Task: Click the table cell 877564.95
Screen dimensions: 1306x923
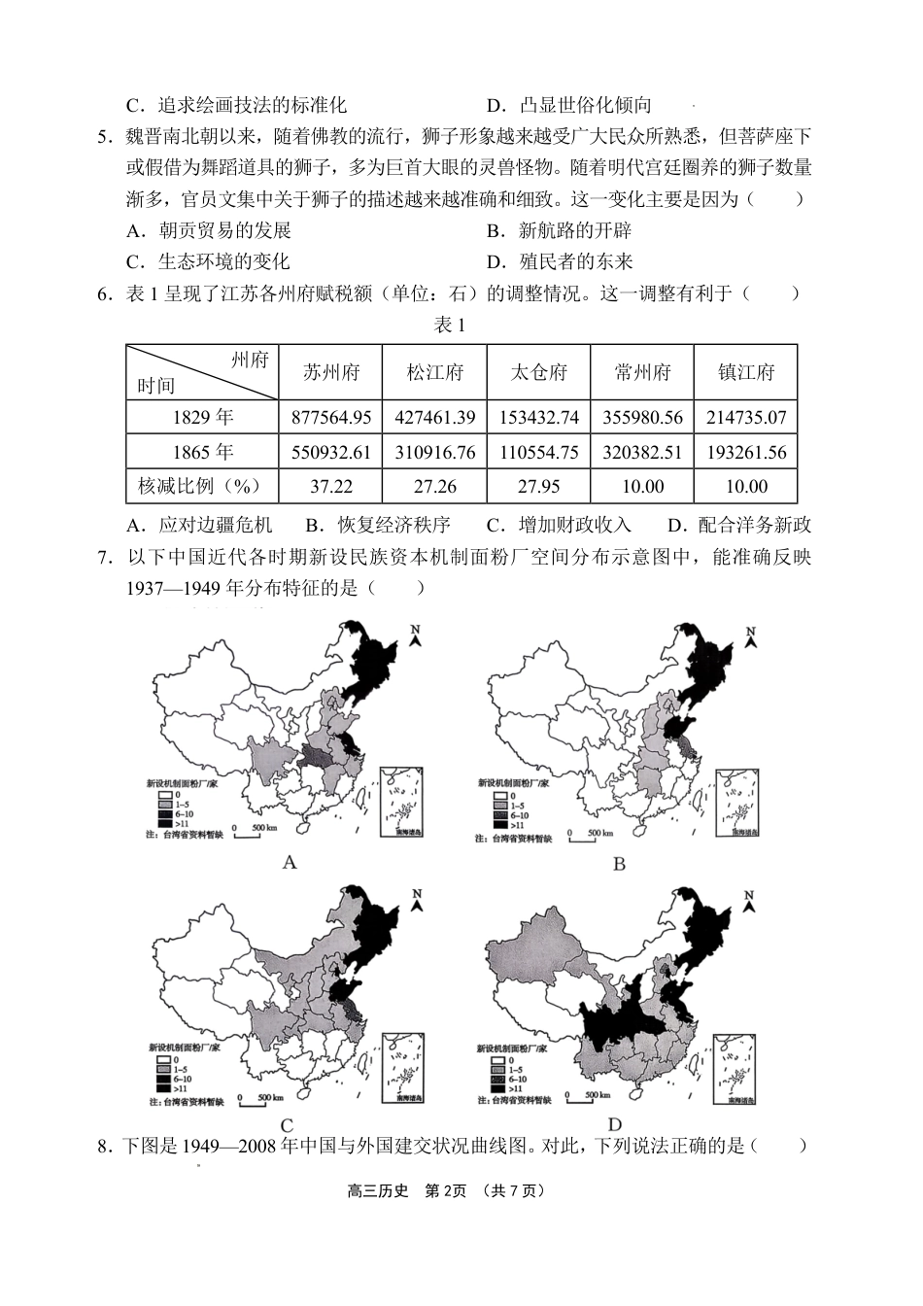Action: click(330, 418)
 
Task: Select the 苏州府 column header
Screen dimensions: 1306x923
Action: click(330, 372)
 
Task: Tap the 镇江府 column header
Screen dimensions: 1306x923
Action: click(745, 372)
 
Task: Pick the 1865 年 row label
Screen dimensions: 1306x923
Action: click(202, 452)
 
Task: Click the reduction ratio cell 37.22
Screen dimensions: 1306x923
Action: click(330, 487)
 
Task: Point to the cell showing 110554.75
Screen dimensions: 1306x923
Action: click(538, 452)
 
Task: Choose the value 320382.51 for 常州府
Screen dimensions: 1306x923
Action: click(642, 452)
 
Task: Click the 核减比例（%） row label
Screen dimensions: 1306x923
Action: click(202, 487)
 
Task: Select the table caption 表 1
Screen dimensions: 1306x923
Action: click(449, 326)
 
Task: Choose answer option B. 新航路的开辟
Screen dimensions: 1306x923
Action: click(559, 230)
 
